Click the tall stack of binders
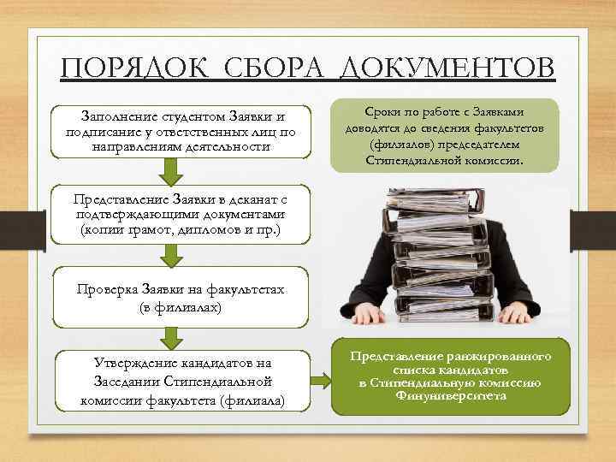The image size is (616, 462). tap(449, 248)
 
